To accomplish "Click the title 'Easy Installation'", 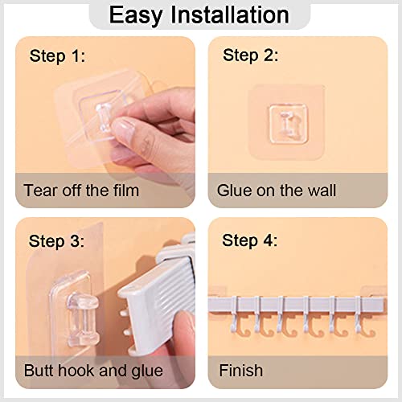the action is point(199,15).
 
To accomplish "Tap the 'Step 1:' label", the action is point(57,56).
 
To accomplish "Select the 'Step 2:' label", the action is point(250,55).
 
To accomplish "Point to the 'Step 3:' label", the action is point(56,241).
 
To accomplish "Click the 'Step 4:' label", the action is point(249,240).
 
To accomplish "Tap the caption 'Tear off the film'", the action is point(81,191).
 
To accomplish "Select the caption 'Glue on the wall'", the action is point(277,191).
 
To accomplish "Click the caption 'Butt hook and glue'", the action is point(93,371).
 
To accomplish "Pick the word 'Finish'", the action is point(241,371).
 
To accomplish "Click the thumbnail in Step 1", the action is point(123,128).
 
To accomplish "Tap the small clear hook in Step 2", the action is point(288,124).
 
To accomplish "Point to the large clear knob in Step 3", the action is point(83,318).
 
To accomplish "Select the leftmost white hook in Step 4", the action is point(236,316).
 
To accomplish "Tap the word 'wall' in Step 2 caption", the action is point(322,191).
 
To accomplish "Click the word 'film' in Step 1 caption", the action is point(126,191).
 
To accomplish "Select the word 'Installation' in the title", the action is point(230,15).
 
